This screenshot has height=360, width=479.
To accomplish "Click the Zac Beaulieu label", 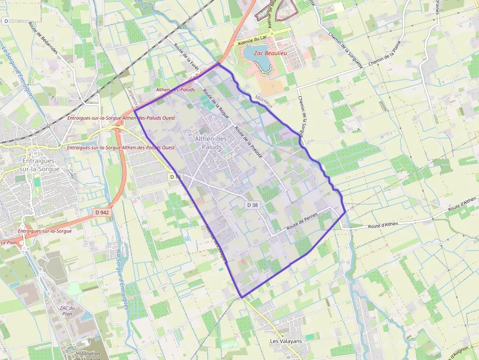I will tap(270, 52).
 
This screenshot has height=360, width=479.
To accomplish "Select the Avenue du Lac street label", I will tap(253, 41).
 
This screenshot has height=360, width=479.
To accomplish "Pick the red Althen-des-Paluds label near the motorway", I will tap(175, 90).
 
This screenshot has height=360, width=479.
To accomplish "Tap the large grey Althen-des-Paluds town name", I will tap(212, 143).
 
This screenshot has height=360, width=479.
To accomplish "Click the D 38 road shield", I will tap(252, 205).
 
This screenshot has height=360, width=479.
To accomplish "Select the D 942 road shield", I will tap(101, 212).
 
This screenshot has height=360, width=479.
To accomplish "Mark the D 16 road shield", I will tap(175, 176).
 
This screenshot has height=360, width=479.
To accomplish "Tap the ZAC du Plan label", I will tap(67, 311).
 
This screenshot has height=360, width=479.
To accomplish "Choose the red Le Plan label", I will tap(9, 242).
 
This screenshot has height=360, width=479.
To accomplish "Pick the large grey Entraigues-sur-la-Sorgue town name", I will tap(41, 165).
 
